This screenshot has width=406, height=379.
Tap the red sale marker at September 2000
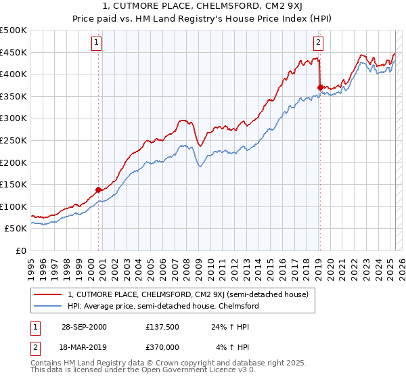[x=98, y=189]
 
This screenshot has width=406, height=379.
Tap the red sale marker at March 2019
[x=320, y=87]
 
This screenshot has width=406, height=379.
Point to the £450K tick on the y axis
[x=14, y=52]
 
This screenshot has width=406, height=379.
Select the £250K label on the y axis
[x=14, y=140]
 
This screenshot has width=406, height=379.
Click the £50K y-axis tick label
[x=16, y=229]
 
